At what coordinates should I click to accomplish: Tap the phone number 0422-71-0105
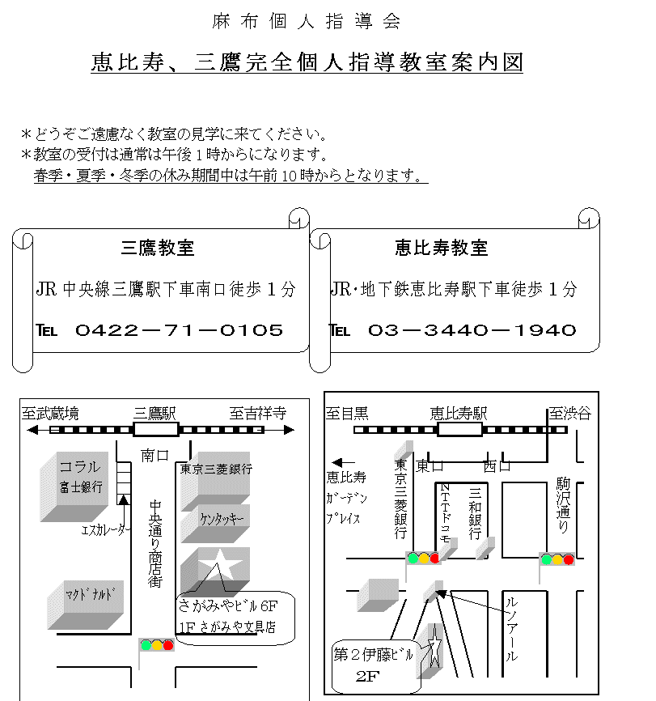pos(179,330)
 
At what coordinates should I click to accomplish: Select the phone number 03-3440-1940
pos(472,330)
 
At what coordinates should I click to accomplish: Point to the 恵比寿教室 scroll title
pos(442,249)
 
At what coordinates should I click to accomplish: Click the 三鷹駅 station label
pos(155,414)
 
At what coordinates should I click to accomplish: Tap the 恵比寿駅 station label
pos(459,414)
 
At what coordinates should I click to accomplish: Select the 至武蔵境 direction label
pos(51,414)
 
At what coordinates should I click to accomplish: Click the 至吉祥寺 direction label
pos(257,414)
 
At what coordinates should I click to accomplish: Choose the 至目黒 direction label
pos(348,414)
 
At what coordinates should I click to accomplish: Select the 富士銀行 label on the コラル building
pos(80,486)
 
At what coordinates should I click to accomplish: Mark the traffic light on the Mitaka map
pos(157,645)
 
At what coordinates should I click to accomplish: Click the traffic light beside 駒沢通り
pos(557,559)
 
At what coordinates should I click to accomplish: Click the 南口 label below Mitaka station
pos(154,456)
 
